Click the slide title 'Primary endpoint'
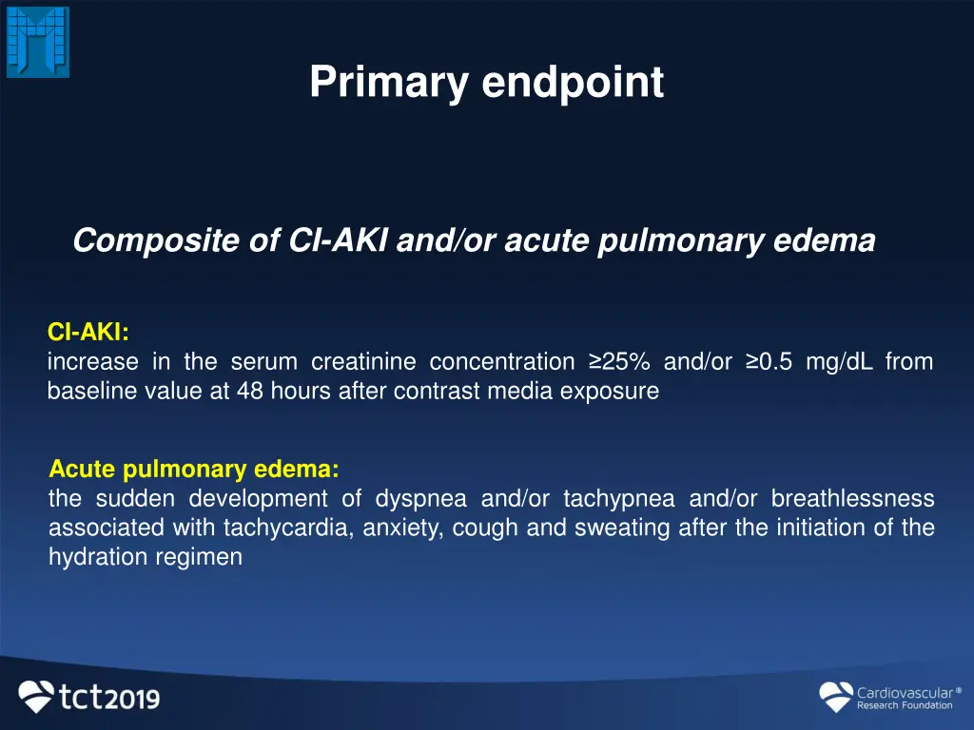(486, 83)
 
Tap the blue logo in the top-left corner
(38, 42)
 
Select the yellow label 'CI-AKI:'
(88, 332)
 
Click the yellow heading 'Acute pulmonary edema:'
(194, 469)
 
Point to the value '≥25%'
(619, 362)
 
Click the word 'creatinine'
(363, 362)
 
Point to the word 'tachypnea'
(618, 499)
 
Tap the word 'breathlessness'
(852, 499)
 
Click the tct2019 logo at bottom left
(89, 697)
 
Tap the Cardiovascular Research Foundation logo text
(904, 699)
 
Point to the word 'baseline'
(90, 392)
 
